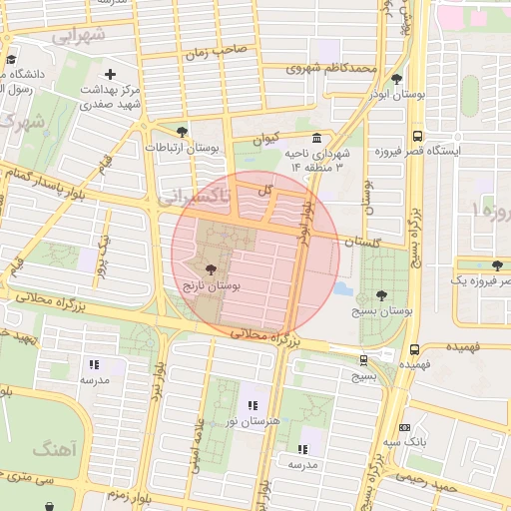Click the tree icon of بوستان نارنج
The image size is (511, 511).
coord(210,269)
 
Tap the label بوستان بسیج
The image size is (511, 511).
coord(381,311)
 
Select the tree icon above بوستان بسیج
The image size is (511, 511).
coord(381,295)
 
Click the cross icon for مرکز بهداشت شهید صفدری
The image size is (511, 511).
coord(110,74)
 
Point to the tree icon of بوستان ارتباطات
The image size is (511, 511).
coord(181,132)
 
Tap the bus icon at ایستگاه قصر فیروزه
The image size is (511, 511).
coord(416,137)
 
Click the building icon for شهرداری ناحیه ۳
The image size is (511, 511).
coord(316,139)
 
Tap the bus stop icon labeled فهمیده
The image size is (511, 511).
coord(414,350)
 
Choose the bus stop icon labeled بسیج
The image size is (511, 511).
coord(362,360)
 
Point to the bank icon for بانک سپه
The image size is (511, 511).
coord(404,426)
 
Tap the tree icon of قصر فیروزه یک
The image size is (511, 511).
coord(497,264)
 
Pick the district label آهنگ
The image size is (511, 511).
coord(52,450)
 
